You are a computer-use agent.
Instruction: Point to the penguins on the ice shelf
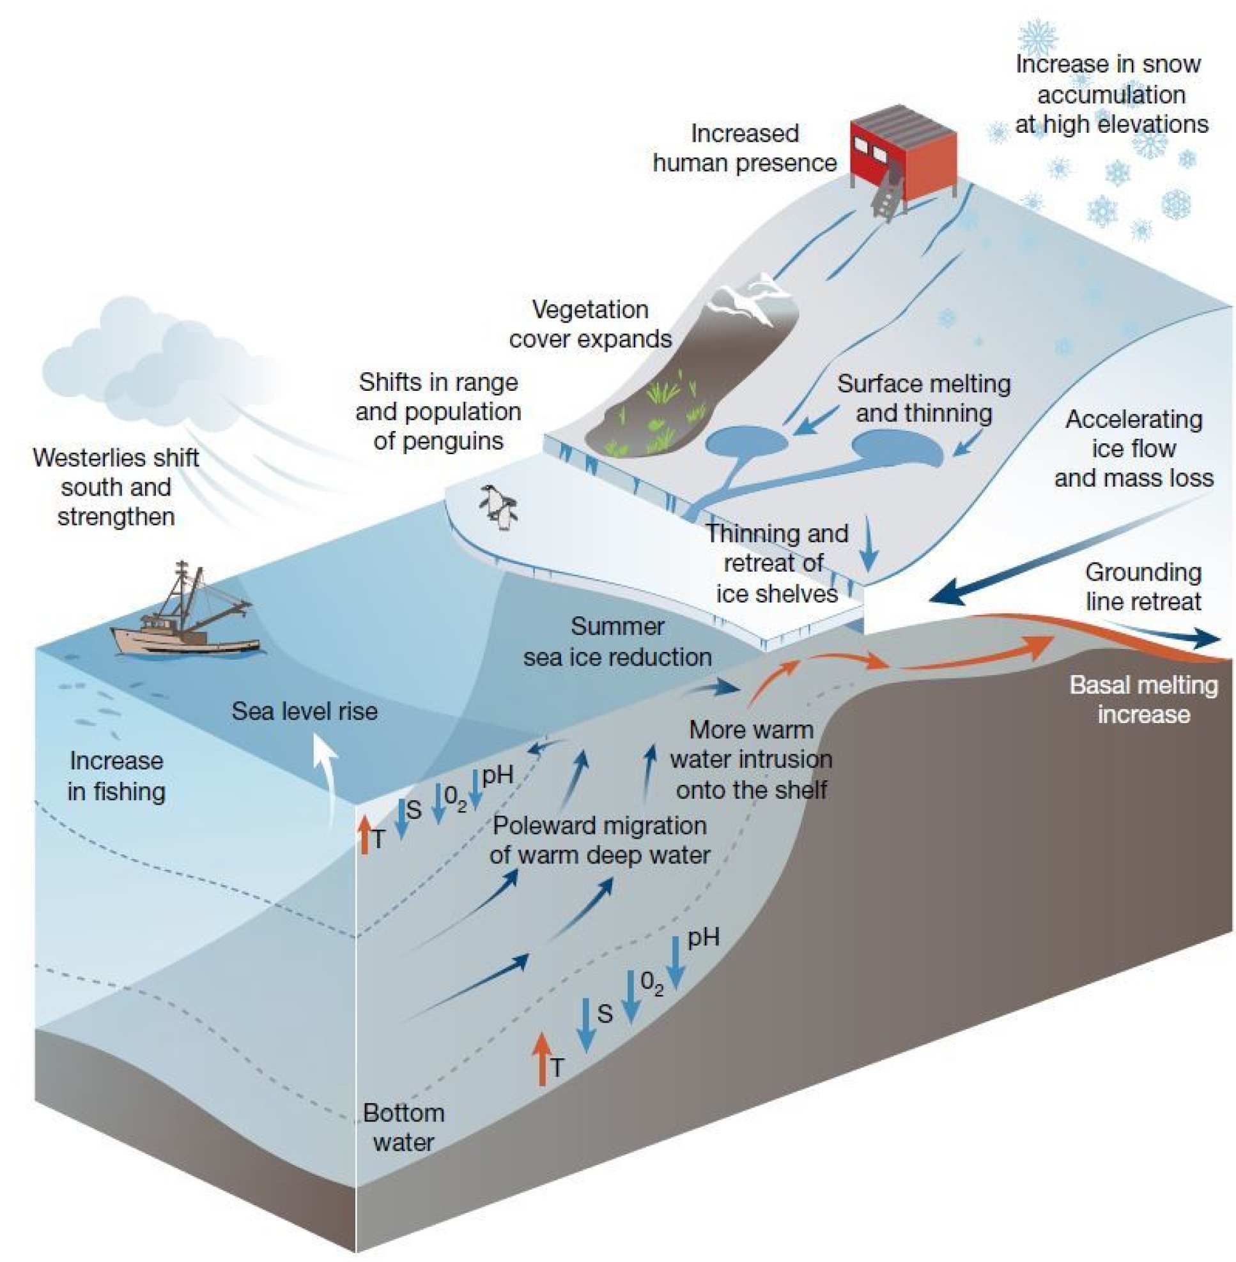point(498,506)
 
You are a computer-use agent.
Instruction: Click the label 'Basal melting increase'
point(1143,699)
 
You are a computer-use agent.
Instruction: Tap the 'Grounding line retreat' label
point(1143,586)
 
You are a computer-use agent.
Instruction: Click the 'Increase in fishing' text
point(117,775)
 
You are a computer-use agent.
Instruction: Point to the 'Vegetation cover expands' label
point(590,324)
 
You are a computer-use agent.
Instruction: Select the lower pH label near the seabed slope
point(703,937)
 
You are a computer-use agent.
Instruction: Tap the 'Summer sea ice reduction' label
point(617,641)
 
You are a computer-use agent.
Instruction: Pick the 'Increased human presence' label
point(745,148)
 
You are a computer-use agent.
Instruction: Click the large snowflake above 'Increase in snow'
point(1038,37)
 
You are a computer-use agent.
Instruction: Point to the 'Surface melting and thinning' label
point(923,398)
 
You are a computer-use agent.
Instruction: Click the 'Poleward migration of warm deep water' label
point(599,840)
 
